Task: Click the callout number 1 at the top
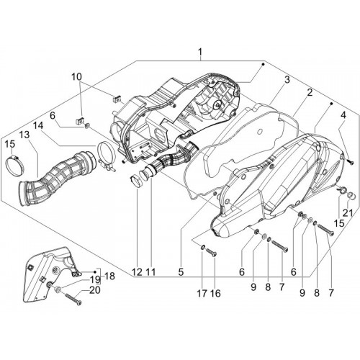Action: point(200,52)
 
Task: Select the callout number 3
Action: point(287,80)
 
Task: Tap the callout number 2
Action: point(310,93)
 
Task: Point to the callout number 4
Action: point(343,115)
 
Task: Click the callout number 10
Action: point(76,77)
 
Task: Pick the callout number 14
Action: point(38,125)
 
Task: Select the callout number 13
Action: point(24,135)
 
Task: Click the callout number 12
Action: point(137,272)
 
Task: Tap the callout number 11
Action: point(151,272)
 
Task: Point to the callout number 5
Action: point(181,272)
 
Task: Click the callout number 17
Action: point(202,293)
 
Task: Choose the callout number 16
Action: point(215,293)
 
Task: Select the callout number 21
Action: point(348,213)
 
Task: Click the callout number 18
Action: point(109,276)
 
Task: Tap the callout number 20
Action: point(95,290)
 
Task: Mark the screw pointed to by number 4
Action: point(351,162)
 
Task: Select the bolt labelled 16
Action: point(212,251)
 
